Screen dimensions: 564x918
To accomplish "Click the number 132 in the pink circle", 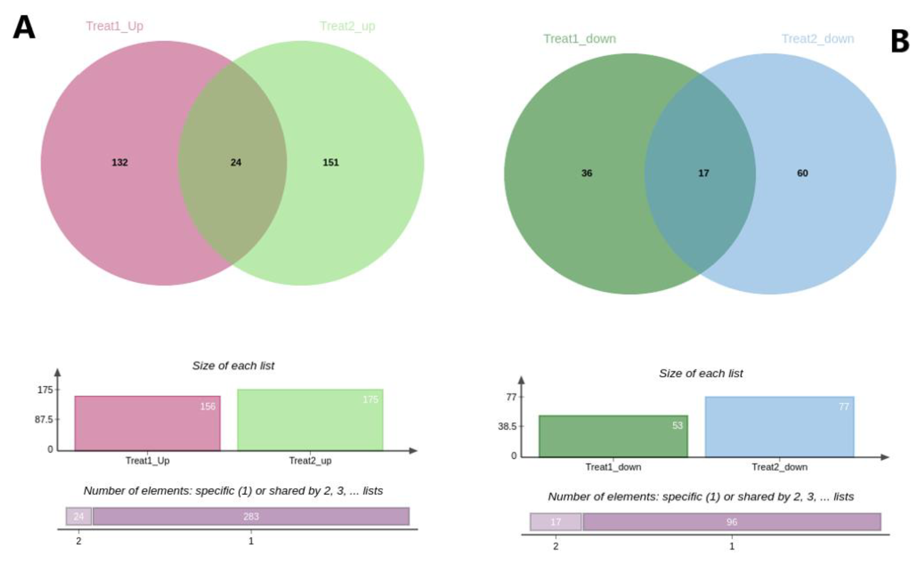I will pyautogui.click(x=120, y=162).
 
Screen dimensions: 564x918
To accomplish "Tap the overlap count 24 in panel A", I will pyautogui.click(x=236, y=162).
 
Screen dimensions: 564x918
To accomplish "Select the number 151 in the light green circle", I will pyautogui.click(x=331, y=162).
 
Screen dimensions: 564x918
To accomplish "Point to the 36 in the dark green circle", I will pyautogui.click(x=587, y=173).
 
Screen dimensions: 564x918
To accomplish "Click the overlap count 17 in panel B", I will pyautogui.click(x=703, y=173).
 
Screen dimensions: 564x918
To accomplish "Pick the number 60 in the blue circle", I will pyautogui.click(x=802, y=173).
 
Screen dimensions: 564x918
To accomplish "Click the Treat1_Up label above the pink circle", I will pyautogui.click(x=115, y=26).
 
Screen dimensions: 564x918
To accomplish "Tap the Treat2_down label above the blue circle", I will pyautogui.click(x=818, y=39).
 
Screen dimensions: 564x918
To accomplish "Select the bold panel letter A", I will pyautogui.click(x=24, y=27).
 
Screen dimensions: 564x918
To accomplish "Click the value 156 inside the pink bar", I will pyautogui.click(x=208, y=407).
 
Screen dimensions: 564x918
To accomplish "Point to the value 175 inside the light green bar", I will pyautogui.click(x=370, y=400).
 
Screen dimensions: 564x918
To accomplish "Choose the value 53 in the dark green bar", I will pyautogui.click(x=677, y=426).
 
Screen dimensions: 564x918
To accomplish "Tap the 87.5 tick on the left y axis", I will pyautogui.click(x=44, y=420).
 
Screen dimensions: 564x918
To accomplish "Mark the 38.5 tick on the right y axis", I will pyautogui.click(x=507, y=426).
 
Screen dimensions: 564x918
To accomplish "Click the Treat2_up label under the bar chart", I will pyautogui.click(x=310, y=461).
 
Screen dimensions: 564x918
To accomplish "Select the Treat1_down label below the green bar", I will pyautogui.click(x=613, y=467).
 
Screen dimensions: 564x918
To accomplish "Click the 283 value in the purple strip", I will pyautogui.click(x=251, y=517).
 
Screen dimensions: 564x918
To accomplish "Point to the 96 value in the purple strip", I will pyautogui.click(x=732, y=522).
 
